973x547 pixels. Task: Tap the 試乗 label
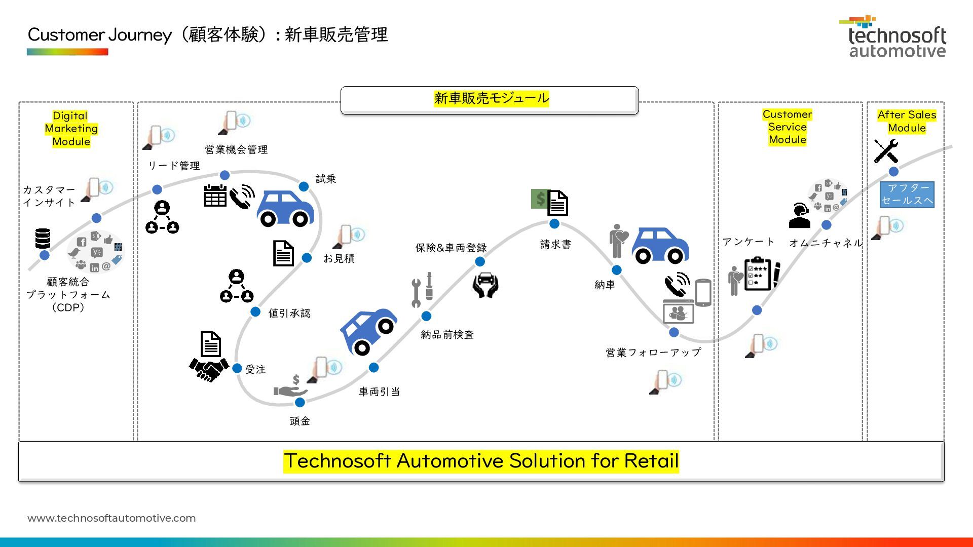(326, 179)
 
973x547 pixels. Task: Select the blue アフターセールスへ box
(907, 194)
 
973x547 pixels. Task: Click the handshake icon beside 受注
(209, 369)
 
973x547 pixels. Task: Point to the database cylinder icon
(43, 239)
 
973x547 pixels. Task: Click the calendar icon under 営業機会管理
(215, 196)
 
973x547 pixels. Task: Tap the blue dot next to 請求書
(554, 223)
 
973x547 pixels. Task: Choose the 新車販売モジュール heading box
(490, 100)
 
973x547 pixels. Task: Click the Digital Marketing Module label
(71, 129)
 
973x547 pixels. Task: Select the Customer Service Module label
(787, 127)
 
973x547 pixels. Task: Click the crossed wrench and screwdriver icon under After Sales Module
(886, 151)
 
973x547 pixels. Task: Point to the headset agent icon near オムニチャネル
(799, 216)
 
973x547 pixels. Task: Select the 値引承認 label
(289, 313)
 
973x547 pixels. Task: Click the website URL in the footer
(111, 518)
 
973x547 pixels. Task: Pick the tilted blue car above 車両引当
(368, 331)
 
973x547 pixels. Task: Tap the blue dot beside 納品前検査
(426, 316)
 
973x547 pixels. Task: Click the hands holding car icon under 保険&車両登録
(485, 285)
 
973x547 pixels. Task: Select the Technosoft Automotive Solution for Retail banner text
(481, 461)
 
